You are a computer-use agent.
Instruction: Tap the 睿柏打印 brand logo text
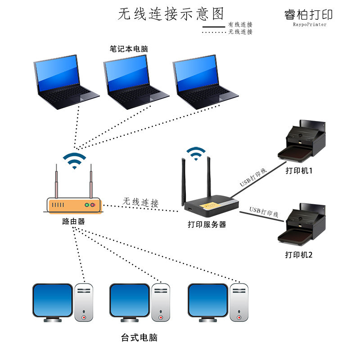click(309, 14)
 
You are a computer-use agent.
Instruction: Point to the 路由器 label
click(73, 221)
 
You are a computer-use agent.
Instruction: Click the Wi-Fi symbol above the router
click(74, 160)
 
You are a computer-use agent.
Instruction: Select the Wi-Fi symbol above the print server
click(196, 154)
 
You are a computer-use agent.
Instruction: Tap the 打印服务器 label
click(207, 224)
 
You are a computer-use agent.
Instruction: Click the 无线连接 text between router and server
click(141, 202)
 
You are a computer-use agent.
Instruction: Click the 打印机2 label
click(299, 255)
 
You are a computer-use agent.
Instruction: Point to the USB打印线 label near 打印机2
click(264, 211)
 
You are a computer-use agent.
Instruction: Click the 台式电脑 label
click(139, 337)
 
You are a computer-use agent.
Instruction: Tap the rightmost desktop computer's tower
click(239, 302)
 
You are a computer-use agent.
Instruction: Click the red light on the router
click(93, 205)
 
